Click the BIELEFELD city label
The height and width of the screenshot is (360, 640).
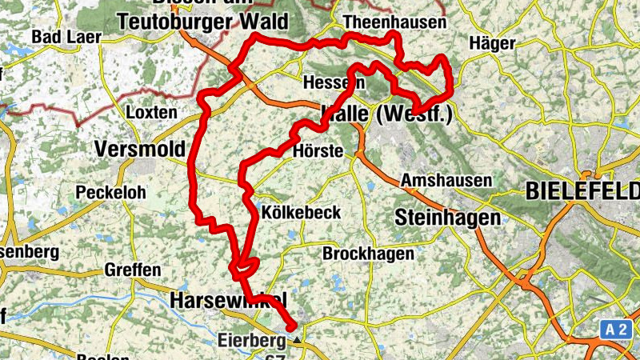pyautogui.click(x=582, y=192)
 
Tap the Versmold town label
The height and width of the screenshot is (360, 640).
pyautogui.click(x=139, y=149)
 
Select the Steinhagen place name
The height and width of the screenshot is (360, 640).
pyautogui.click(x=448, y=217)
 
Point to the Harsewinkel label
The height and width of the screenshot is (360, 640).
pyautogui.click(x=228, y=300)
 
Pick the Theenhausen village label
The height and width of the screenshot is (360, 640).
pyautogui.click(x=394, y=22)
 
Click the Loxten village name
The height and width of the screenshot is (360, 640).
pyautogui.click(x=151, y=112)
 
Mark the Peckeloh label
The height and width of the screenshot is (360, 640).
pyautogui.click(x=106, y=193)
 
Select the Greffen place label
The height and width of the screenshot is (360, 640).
pyautogui.click(x=133, y=270)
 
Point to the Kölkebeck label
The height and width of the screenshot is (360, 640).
pyautogui.click(x=302, y=213)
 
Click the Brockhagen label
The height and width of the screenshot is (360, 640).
pyautogui.click(x=368, y=254)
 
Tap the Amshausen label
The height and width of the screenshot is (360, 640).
pyautogui.click(x=446, y=180)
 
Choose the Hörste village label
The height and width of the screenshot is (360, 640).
pyautogui.click(x=318, y=151)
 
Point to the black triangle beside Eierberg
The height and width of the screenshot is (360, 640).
pyautogui.click(x=298, y=341)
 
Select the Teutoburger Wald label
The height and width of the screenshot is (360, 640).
pyautogui.click(x=202, y=22)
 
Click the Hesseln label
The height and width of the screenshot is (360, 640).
pyautogui.click(x=333, y=83)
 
